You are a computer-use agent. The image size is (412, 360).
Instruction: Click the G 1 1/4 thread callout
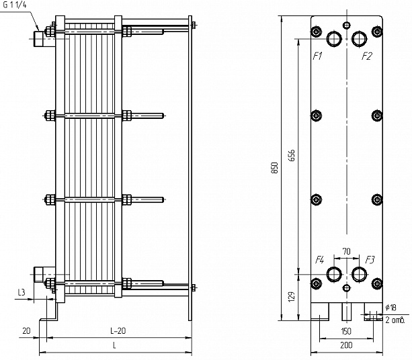[x=15, y=5]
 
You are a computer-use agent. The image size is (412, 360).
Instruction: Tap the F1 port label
[x=317, y=56]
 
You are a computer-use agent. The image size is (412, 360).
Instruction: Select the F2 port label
[x=367, y=56]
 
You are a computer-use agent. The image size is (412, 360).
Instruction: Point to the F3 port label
[x=370, y=260]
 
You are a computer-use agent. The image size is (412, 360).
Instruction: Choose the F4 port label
[x=319, y=260]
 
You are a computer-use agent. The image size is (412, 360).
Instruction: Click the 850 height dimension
[x=274, y=168]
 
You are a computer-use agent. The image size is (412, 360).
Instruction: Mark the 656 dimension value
[x=292, y=155]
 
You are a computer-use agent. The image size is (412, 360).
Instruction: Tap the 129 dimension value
[x=292, y=296]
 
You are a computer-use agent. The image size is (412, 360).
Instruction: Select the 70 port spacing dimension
[x=347, y=252]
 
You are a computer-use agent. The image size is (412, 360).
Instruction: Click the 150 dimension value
[x=346, y=331]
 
